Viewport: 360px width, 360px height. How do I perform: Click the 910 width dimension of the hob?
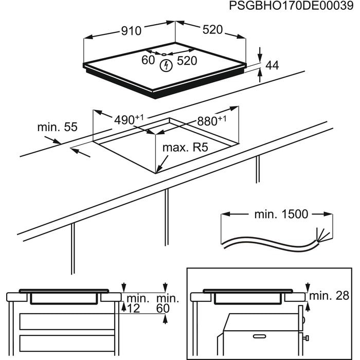coord(131,31)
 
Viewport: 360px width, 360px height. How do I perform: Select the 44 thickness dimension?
coord(272,65)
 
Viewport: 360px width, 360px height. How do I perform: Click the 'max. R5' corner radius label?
coord(185,148)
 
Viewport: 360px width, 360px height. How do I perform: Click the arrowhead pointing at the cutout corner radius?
coord(159,167)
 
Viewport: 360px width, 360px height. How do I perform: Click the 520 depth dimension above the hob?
coord(212,30)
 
